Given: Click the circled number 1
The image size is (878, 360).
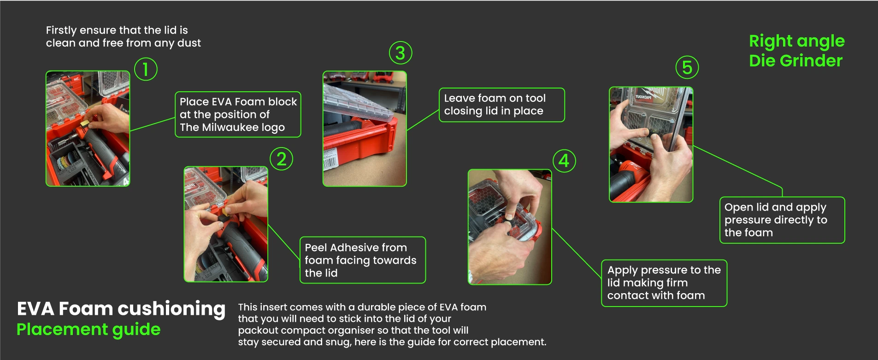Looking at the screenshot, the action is pyautogui.click(x=146, y=69).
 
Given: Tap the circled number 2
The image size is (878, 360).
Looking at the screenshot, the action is pyautogui.click(x=282, y=159).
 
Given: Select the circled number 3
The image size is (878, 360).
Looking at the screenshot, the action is pyautogui.click(x=401, y=53).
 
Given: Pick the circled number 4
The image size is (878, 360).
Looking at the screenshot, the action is pyautogui.click(x=564, y=161).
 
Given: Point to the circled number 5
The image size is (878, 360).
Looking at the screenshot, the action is pyautogui.click(x=687, y=67).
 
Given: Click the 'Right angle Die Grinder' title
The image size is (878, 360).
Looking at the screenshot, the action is pyautogui.click(x=797, y=51).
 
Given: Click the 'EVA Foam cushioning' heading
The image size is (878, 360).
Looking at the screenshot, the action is pyautogui.click(x=121, y=309).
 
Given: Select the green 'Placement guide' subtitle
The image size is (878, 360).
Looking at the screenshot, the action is pyautogui.click(x=88, y=330).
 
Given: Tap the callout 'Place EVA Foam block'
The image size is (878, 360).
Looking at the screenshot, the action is pyautogui.click(x=238, y=114).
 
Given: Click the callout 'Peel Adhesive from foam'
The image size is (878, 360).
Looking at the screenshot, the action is pyautogui.click(x=363, y=260).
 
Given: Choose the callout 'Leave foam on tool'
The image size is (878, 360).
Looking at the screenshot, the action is pyautogui.click(x=502, y=105).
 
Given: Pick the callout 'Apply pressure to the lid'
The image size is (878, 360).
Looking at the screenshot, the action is pyautogui.click(x=664, y=283).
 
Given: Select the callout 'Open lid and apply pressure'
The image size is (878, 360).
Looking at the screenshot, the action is pyautogui.click(x=782, y=220).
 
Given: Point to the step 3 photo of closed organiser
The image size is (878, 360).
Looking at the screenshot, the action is pyautogui.click(x=365, y=129).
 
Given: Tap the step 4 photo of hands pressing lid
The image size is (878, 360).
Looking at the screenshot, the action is pyautogui.click(x=510, y=227).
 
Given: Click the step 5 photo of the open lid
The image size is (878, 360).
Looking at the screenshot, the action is pyautogui.click(x=651, y=144).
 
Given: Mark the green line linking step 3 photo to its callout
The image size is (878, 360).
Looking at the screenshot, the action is pyautogui.click(x=423, y=120).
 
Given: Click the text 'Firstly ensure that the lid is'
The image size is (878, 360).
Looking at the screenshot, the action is pyautogui.click(x=117, y=30).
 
